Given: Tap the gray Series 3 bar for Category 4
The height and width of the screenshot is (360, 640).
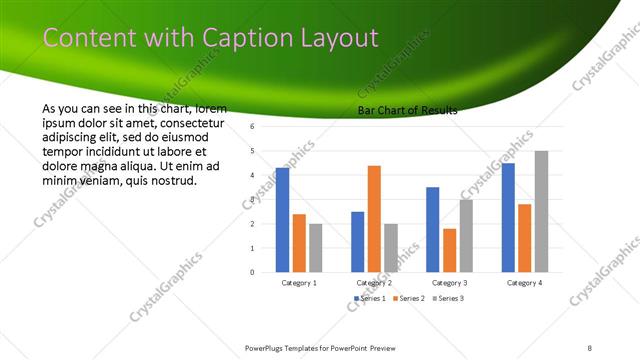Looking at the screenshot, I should tap(541, 211).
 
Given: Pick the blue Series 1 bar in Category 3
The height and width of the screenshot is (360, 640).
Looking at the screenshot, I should tap(432, 229).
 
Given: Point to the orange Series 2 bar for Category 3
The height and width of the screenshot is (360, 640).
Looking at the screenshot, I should tap(449, 250).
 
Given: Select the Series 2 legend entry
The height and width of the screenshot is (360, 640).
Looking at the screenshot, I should tap(408, 298).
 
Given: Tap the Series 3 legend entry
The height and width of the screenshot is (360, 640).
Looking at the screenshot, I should tap(447, 298).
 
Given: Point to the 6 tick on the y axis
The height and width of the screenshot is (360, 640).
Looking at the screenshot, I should tap(253, 127).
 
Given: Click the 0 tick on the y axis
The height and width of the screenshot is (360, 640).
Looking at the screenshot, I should tap(253, 272).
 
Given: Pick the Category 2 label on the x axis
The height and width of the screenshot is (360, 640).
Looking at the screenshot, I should tap(374, 283).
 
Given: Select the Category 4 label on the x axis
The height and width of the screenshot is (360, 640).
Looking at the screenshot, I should tap(524, 283).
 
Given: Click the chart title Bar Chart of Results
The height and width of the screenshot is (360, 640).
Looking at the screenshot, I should tap(407, 110).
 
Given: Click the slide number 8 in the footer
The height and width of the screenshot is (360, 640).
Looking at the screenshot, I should tap(589, 347).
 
